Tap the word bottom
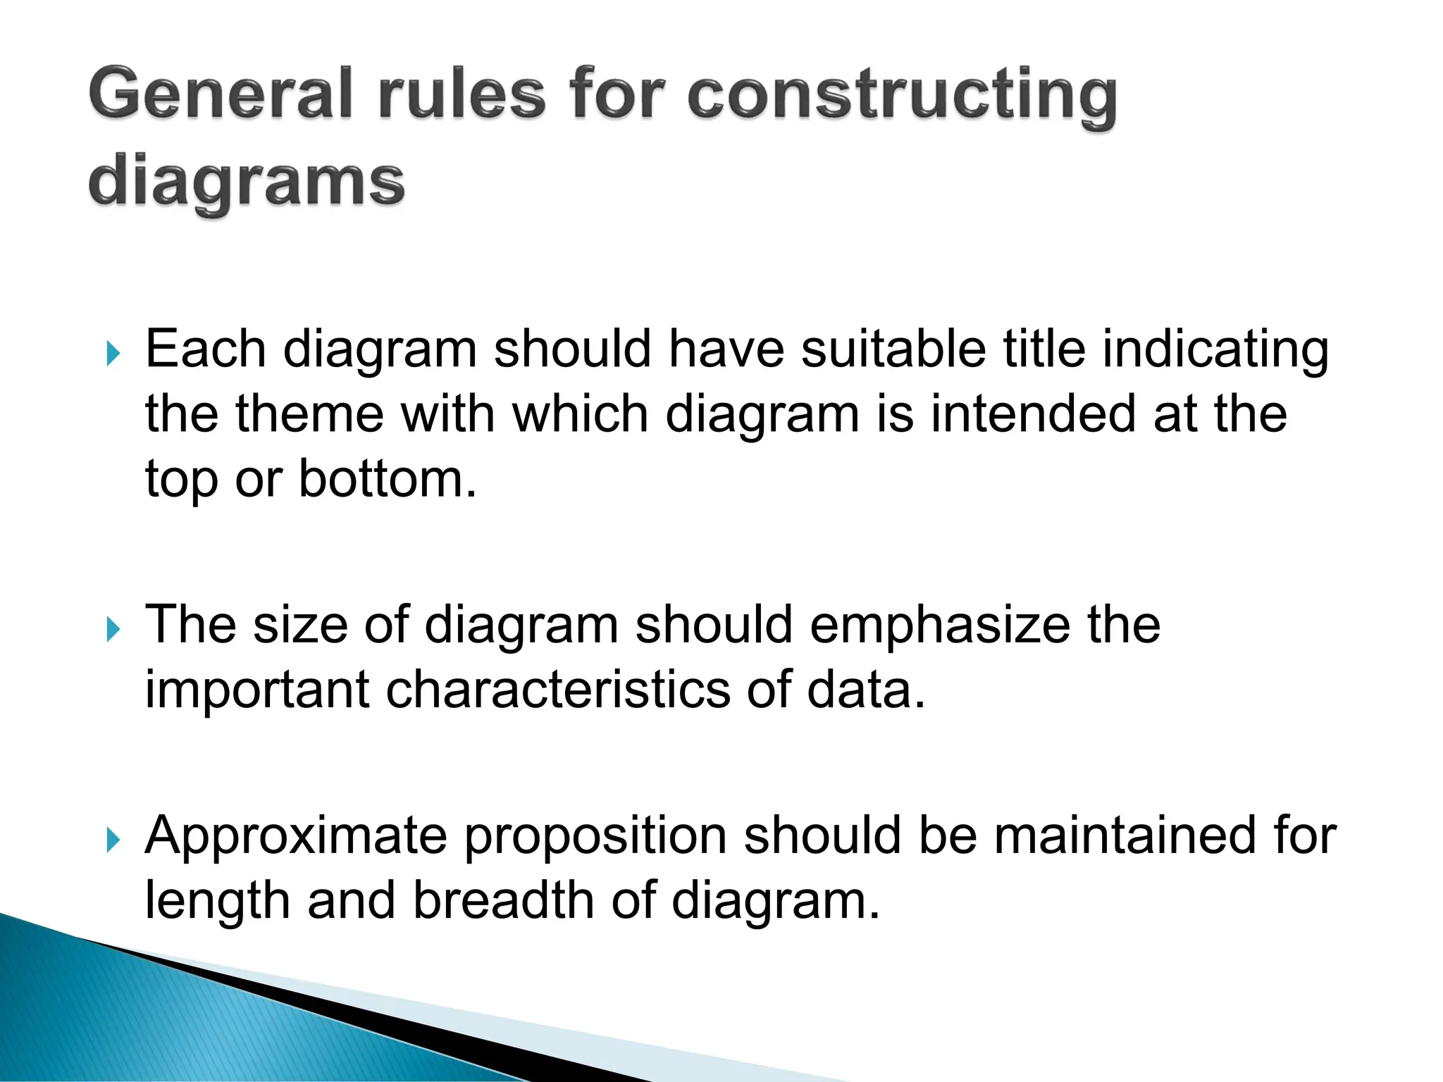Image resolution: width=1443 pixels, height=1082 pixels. click(387, 479)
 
